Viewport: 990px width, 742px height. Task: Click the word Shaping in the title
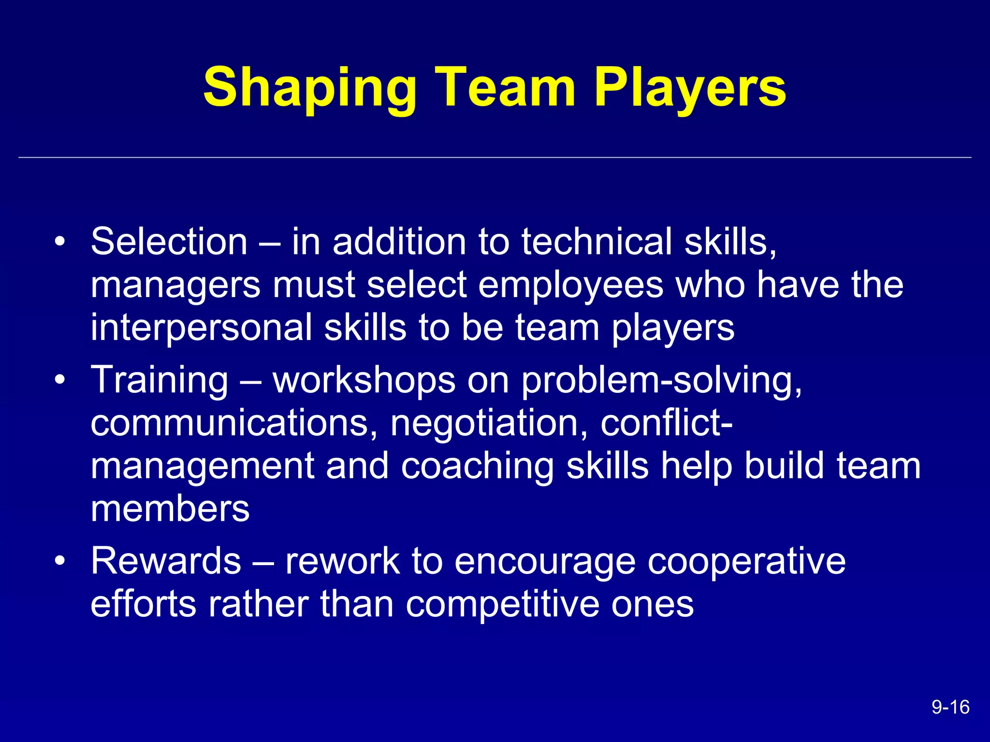point(310,88)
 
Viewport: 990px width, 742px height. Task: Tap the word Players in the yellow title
point(690,88)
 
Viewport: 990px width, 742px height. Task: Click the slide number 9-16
point(950,707)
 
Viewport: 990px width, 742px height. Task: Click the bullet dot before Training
point(59,380)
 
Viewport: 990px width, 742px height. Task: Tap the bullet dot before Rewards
point(59,561)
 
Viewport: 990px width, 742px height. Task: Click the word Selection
point(169,241)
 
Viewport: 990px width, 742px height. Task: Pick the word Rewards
point(166,561)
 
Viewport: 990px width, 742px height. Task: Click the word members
point(170,509)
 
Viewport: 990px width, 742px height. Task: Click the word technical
point(597,241)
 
